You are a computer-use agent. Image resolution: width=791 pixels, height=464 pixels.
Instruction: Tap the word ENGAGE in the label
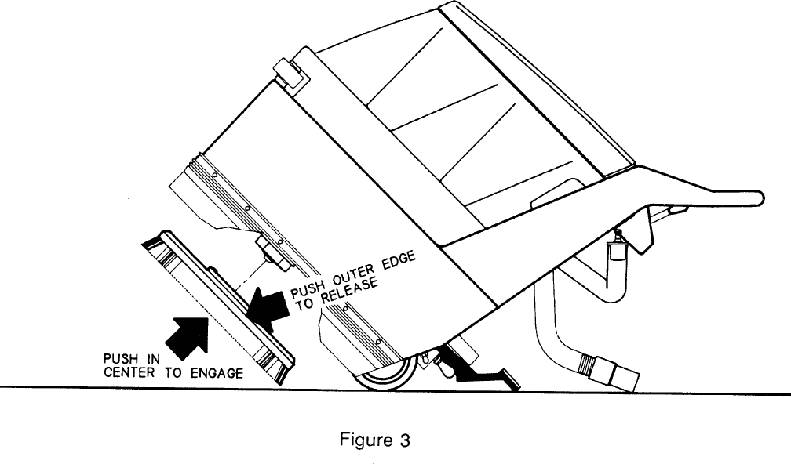(x=217, y=373)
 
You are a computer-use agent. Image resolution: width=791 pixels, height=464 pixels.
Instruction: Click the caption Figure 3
(x=374, y=440)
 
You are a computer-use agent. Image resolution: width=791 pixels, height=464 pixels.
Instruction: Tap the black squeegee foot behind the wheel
(x=479, y=376)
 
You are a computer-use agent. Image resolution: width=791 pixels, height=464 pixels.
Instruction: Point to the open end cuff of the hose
(x=625, y=375)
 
